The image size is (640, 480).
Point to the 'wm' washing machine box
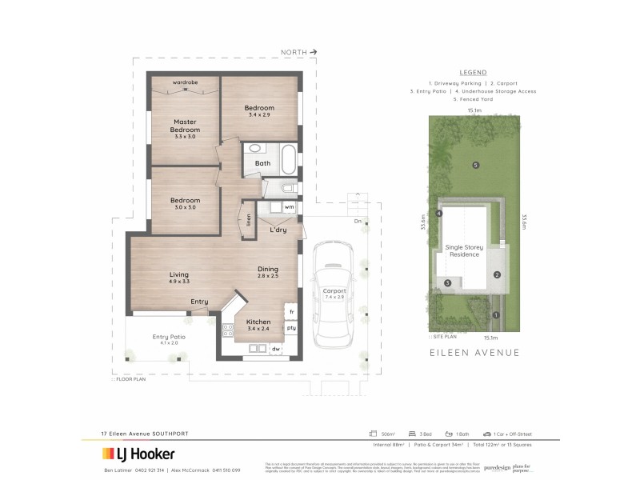(x=290, y=207)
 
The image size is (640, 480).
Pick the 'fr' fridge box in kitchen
(x=291, y=310)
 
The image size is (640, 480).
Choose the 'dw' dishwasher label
(x=276, y=349)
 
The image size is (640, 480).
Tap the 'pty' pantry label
(x=291, y=328)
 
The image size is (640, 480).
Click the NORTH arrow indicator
(x=298, y=52)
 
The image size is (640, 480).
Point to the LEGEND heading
(x=474, y=72)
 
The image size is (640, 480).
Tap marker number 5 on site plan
(x=475, y=166)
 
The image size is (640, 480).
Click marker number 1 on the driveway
(x=496, y=314)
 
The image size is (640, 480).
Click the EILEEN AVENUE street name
(x=474, y=352)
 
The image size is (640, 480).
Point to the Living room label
(x=178, y=278)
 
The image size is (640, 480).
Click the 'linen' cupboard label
(x=250, y=218)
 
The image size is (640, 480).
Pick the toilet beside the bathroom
(x=288, y=189)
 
